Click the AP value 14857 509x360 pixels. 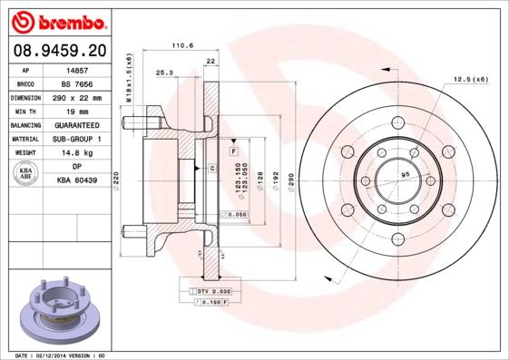(x=76, y=69)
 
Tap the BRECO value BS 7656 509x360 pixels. (x=76, y=83)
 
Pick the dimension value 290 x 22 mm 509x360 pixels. (x=76, y=97)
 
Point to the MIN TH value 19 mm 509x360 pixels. (x=76, y=111)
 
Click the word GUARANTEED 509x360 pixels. (x=76, y=125)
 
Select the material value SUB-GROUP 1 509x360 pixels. (x=76, y=139)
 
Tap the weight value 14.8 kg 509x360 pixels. (x=76, y=153)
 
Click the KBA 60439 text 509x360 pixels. (x=76, y=180)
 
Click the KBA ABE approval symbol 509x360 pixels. (x=26, y=174)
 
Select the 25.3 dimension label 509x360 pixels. (x=164, y=73)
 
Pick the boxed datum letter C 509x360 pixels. (x=211, y=169)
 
